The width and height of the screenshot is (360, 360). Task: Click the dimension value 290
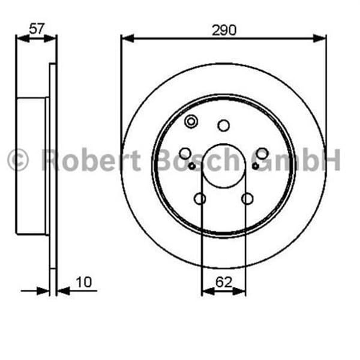(x=223, y=29)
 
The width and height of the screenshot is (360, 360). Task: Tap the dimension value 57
(x=36, y=28)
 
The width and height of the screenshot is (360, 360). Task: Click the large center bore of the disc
(x=223, y=166)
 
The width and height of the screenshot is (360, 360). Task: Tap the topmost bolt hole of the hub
(x=224, y=125)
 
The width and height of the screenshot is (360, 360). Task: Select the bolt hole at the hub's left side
(x=185, y=154)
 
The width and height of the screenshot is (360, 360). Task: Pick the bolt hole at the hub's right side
(x=262, y=154)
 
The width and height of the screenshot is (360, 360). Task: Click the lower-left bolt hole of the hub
(x=200, y=199)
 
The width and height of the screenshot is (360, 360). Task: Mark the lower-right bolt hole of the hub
(x=247, y=199)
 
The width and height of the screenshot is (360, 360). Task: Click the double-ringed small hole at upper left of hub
(x=191, y=122)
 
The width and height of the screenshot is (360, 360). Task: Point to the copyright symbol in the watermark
(x=18, y=161)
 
